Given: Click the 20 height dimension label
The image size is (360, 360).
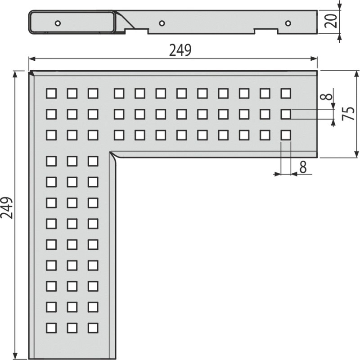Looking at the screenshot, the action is pos(331,21).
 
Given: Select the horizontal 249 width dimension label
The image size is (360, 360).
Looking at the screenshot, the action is pos(180,50).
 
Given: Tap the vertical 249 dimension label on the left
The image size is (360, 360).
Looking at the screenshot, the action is pos(7,207).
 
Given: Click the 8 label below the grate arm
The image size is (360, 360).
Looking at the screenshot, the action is pos(303,167).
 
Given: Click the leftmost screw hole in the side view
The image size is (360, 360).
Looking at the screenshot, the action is pos(58,23).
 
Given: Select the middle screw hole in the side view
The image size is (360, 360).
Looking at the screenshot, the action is pos(162,23).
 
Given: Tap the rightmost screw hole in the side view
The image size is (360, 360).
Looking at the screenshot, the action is pos(288,23).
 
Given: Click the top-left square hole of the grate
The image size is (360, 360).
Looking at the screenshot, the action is pos(51,94).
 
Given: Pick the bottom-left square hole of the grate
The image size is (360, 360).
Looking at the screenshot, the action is pos(51,328).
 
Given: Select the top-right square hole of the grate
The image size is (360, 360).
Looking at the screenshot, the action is pos(286,94).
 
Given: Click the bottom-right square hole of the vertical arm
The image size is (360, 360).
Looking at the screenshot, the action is pos(93,328).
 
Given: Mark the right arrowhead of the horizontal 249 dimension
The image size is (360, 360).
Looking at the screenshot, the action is pos(314,59).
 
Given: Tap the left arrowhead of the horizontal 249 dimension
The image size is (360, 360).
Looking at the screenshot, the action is pos(32,59).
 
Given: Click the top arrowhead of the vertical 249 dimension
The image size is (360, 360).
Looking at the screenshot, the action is pos(15,74).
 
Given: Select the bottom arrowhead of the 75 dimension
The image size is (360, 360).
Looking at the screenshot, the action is pos(356,154).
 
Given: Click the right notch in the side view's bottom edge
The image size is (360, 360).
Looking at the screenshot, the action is pos(265,31).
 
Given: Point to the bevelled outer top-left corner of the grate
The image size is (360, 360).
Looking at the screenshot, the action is pos(31,73).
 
